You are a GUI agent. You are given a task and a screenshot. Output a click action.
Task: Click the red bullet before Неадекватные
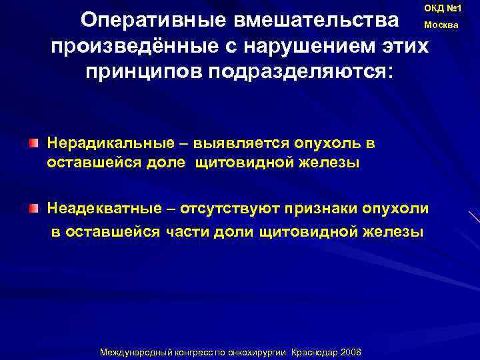point(33,209)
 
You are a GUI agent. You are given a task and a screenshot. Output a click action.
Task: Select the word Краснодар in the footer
point(315,351)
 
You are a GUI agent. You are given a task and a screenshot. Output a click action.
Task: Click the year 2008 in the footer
point(350,351)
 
